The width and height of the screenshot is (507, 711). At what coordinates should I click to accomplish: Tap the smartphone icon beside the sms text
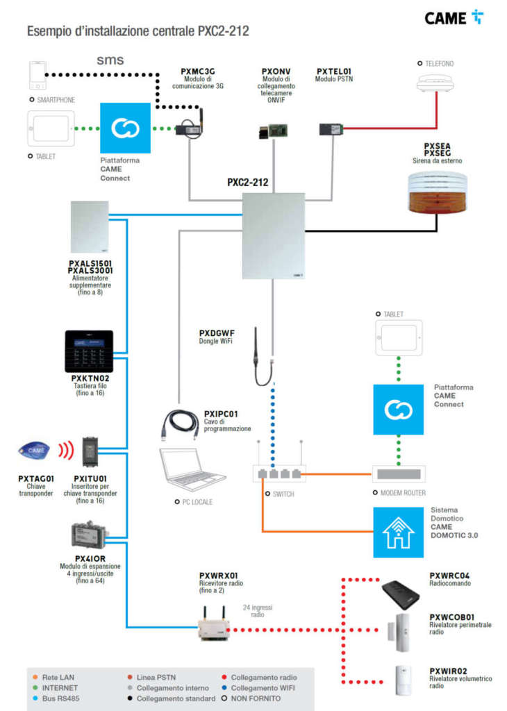click(38, 75)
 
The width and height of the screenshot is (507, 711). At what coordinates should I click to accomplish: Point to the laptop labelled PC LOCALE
click(191, 470)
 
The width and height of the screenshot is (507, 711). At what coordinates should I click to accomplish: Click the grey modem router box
click(399, 474)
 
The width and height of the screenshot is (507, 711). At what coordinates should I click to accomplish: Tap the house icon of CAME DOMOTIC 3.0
click(399, 532)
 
